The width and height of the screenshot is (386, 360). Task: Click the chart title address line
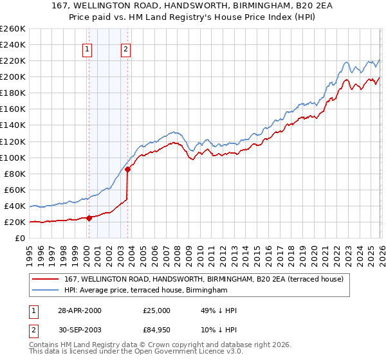(x=193, y=6)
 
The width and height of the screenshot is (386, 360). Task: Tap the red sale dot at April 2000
(x=89, y=218)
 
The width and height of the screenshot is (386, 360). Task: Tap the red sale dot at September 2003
(x=128, y=170)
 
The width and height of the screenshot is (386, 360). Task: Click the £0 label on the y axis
(x=19, y=238)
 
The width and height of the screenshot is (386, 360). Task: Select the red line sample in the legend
(x=46, y=279)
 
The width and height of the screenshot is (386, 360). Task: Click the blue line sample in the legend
(x=46, y=291)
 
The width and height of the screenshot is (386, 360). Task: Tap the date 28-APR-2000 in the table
(x=79, y=310)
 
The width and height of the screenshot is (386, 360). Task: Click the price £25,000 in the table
(x=156, y=310)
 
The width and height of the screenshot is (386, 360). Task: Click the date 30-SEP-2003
(x=79, y=331)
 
